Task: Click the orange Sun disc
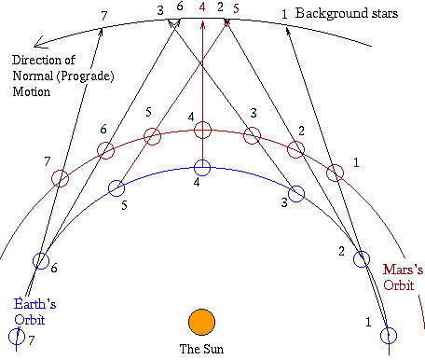pos(201,322)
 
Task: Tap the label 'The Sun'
pos(201,350)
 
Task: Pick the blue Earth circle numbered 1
pos(390,336)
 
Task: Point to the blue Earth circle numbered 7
pos(17,337)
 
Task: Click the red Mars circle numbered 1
pos(336,173)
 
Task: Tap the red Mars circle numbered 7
pos(60,177)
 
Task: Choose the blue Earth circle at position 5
pos(117,187)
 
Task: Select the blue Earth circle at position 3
pos(297,194)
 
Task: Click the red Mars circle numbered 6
pos(105,150)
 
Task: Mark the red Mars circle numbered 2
pos(296,149)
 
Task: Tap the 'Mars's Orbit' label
pos(404,277)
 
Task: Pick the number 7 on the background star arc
pos(103,13)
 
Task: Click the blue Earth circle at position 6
pos(40,261)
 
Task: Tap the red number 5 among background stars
pos(236,7)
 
